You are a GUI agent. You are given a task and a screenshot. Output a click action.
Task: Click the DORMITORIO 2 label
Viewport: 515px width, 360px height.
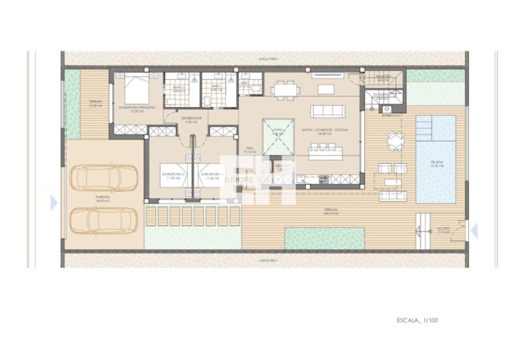(x=174, y=175)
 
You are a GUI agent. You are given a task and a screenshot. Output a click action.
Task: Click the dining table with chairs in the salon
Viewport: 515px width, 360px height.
(x=284, y=89)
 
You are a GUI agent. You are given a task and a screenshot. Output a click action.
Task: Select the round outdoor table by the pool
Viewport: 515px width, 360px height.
(x=396, y=141)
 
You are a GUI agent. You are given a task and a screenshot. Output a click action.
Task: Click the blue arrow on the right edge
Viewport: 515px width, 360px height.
(x=474, y=230)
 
